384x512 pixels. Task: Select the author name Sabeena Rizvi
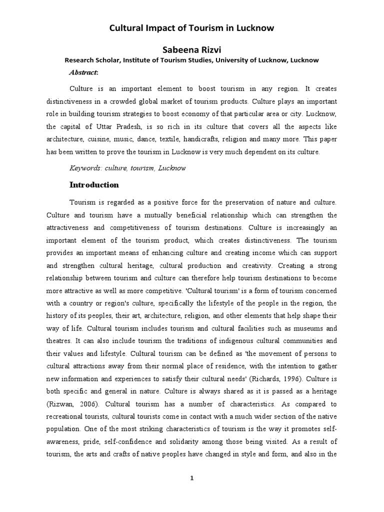click(191, 49)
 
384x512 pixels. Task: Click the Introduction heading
click(94, 185)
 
